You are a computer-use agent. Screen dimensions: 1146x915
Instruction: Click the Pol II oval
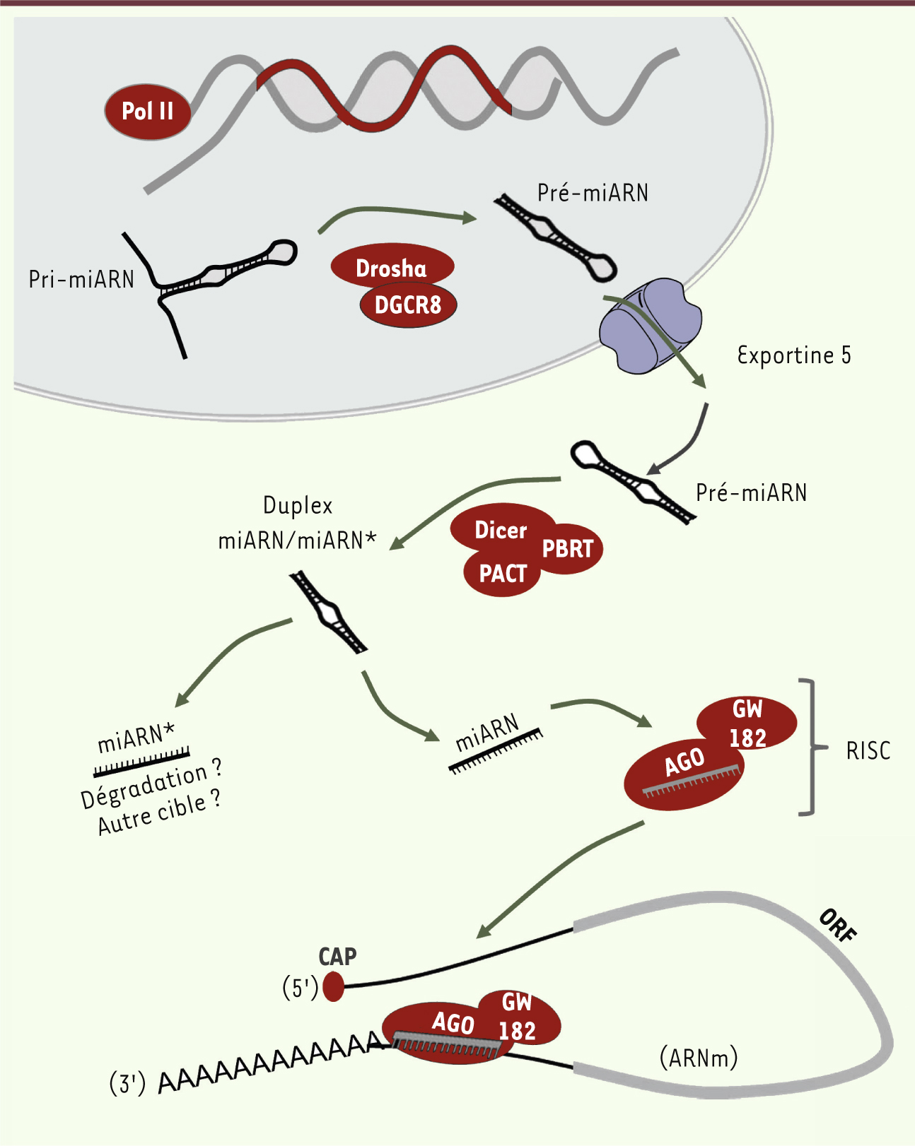pos(148,112)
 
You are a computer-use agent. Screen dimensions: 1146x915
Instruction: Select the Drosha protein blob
pos(392,267)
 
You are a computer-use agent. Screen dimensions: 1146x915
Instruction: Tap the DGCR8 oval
pos(408,305)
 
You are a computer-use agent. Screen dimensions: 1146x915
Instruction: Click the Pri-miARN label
pos(81,279)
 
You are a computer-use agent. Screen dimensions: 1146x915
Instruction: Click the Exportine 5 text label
pos(793,355)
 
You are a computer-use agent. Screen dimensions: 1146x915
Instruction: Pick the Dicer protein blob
pos(501,529)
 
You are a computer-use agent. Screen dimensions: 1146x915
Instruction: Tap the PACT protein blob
pos(503,574)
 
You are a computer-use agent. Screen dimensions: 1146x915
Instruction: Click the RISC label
pos(868,750)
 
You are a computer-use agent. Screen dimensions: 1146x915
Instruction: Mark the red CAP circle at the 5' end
pos(333,986)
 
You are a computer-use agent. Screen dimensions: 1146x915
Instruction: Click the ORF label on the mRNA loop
pos(838,926)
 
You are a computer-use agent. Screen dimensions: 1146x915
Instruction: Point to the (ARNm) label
pos(699,1058)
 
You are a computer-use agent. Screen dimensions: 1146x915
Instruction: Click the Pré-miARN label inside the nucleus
pos(593,193)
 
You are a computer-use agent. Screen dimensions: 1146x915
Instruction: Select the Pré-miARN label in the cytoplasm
pos(751,492)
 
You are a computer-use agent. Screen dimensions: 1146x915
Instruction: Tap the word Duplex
pos(298,505)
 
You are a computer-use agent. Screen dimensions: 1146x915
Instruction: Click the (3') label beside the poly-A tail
pos(127,1082)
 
